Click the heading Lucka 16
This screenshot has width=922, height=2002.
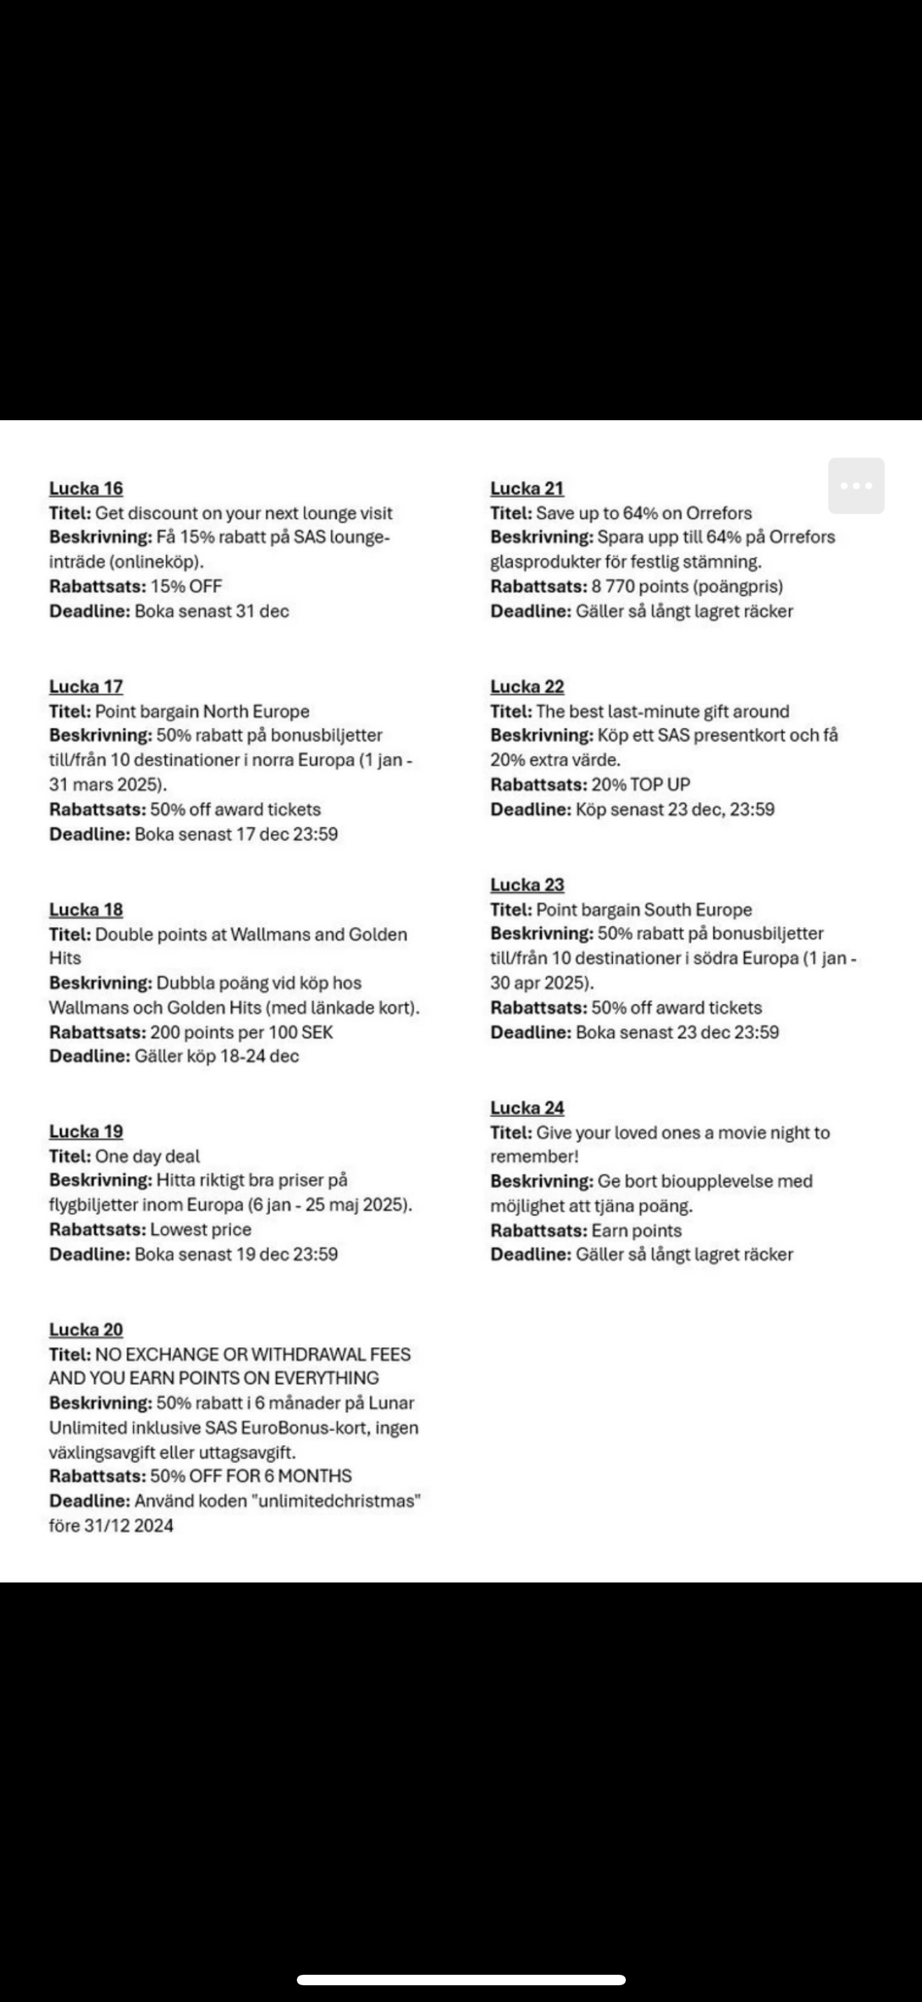tap(85, 488)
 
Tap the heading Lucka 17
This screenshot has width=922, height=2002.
tap(85, 686)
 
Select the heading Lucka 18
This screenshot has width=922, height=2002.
tap(85, 910)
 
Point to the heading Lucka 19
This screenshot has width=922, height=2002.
tap(85, 1131)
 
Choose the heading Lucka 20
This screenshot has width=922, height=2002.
tap(85, 1329)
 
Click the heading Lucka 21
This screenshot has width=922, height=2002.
tap(526, 488)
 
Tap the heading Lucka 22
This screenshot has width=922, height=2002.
tap(526, 686)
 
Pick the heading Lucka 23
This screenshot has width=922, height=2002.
tap(526, 884)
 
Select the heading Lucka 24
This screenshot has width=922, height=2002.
tap(526, 1108)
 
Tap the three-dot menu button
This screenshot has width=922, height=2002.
tap(856, 486)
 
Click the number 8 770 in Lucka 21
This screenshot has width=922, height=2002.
tap(613, 586)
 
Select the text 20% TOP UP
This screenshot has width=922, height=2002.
tap(641, 784)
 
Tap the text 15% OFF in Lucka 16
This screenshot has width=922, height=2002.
tap(186, 586)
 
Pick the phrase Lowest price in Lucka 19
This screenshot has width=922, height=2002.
tap(200, 1229)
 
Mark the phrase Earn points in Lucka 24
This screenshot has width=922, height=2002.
tap(636, 1230)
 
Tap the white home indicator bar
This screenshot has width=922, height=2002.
tap(461, 1980)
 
